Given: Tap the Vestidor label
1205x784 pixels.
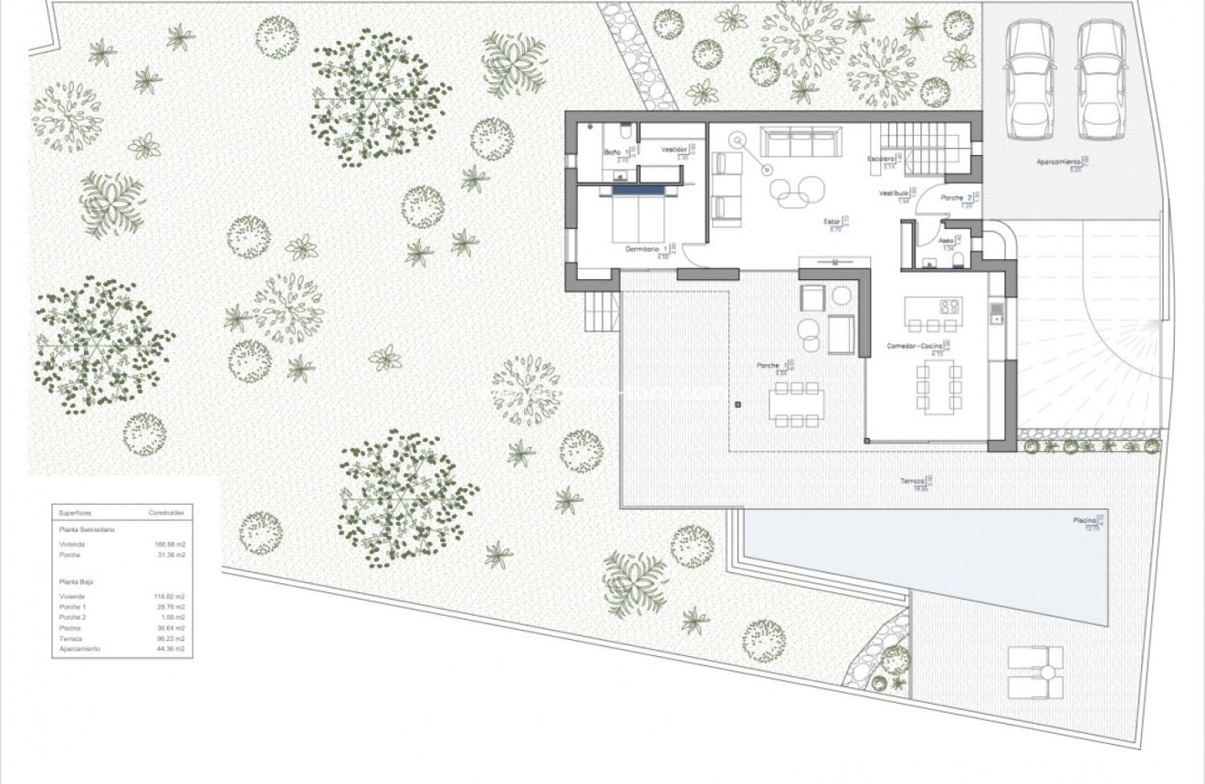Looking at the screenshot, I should (675, 150).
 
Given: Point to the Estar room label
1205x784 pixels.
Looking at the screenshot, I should (831, 221).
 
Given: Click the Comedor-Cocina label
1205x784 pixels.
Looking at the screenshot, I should (915, 346).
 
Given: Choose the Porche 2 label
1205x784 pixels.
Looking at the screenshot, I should (955, 198).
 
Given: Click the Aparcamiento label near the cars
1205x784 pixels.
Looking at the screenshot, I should (1058, 162).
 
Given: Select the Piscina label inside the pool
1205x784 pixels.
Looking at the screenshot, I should (1084, 521).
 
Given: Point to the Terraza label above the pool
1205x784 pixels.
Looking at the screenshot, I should (913, 481).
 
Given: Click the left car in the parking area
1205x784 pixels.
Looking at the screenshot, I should (1030, 79).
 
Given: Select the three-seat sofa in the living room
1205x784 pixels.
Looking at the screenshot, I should (801, 144).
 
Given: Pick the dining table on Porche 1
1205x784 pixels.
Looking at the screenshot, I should (796, 403).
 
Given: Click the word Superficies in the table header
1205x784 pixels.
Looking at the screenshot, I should (75, 513).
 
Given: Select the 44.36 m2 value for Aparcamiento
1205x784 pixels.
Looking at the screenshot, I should (171, 649).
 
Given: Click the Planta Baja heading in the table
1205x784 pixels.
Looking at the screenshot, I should (77, 580).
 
